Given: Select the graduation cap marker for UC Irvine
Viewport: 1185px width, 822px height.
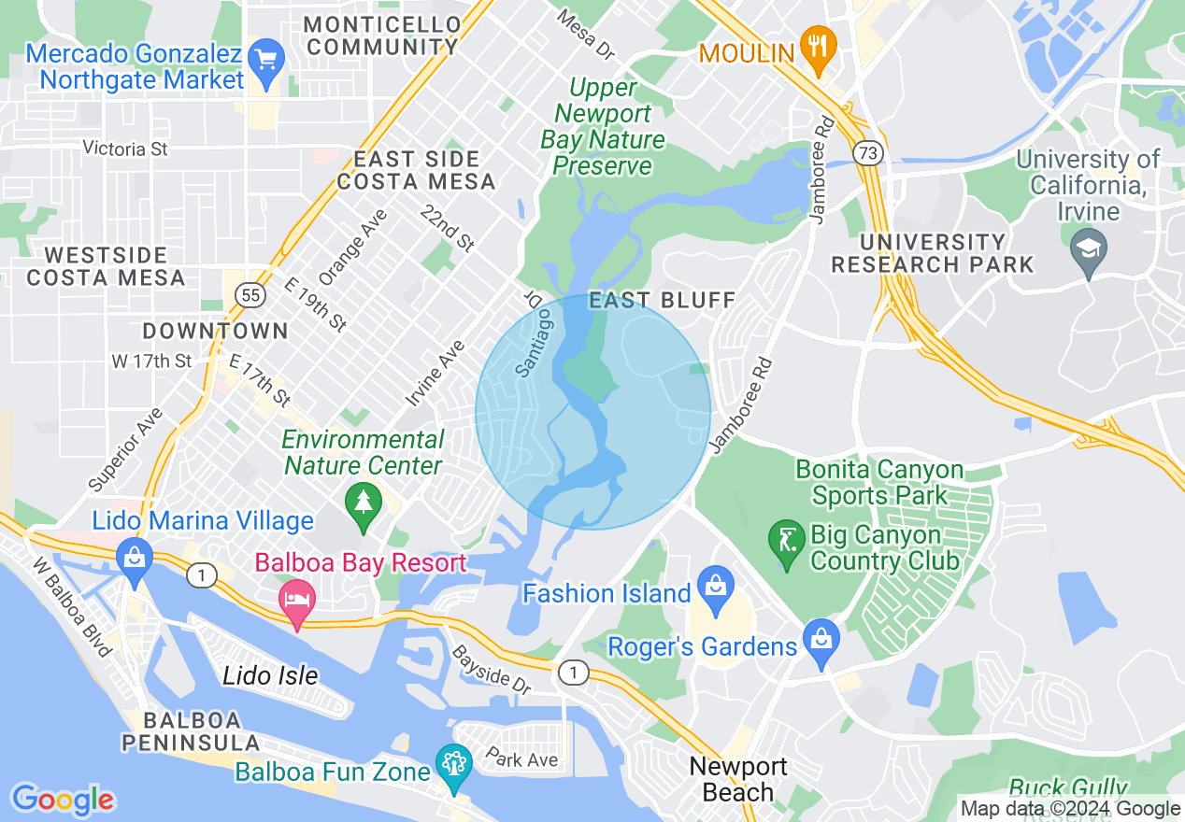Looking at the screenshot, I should coord(1089,249).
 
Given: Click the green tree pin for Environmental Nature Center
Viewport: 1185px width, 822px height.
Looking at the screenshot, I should coord(364,502).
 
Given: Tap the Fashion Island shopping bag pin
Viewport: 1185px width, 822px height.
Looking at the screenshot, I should coord(716,588).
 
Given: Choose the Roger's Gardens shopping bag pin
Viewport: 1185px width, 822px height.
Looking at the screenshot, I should coord(821,642).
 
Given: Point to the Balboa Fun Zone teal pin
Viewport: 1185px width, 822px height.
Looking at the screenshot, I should coord(454,764).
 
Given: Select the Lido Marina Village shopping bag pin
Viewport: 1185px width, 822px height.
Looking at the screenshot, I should coord(135,558).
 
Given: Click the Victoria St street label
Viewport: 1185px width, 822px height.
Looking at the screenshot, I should coord(125,149).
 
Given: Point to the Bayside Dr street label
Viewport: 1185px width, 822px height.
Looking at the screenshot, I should coord(492,670).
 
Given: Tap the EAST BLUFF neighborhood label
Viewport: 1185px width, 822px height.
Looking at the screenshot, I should coord(663,300).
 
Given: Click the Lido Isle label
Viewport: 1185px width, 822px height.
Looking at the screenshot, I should coord(270,675).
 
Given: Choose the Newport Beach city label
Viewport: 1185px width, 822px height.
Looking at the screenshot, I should coord(737,780).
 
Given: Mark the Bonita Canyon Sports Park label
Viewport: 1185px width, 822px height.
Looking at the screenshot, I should coord(878,481).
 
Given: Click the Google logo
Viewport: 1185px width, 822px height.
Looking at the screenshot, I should coord(63,799).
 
